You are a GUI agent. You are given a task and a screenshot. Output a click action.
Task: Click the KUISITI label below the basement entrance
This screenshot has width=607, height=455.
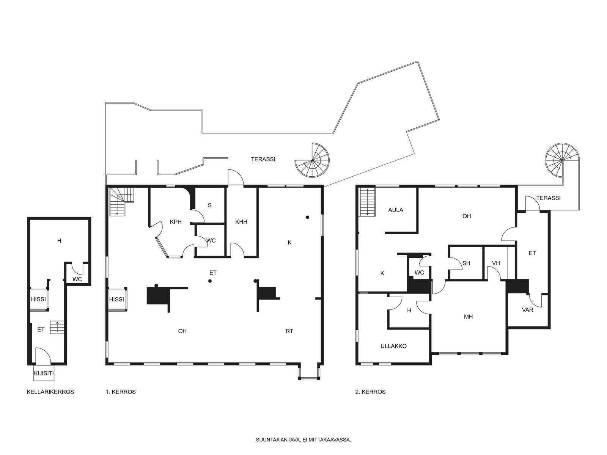click(x=44, y=373)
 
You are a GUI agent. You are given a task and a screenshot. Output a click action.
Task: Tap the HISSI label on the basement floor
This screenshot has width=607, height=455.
click(x=38, y=299)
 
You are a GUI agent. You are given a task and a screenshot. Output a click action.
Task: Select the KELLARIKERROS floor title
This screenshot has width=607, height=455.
click(x=50, y=392)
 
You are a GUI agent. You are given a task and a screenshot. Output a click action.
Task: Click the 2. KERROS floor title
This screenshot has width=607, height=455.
click(x=370, y=392)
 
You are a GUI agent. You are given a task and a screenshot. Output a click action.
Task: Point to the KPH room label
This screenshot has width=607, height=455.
click(x=176, y=222)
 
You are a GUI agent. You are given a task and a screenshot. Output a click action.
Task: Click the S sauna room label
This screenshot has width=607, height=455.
click(x=209, y=205)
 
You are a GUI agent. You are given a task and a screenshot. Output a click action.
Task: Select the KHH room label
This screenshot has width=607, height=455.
click(x=241, y=222)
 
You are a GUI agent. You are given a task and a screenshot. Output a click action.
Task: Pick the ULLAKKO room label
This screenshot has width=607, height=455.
click(x=393, y=346)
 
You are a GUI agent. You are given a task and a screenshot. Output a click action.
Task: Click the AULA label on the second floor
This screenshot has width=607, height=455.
click(x=396, y=210)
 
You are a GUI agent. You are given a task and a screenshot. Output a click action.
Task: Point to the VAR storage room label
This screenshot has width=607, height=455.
click(x=527, y=310)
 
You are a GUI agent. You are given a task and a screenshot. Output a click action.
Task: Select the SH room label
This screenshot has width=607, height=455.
click(x=466, y=263)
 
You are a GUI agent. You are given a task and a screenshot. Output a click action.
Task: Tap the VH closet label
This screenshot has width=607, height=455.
click(x=496, y=263)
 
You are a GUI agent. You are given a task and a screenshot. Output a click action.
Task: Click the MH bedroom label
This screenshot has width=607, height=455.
click(x=468, y=317)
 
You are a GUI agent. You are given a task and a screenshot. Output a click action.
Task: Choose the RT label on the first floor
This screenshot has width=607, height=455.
click(x=289, y=331)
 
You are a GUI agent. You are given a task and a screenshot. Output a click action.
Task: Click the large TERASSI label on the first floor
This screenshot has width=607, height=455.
click(x=263, y=159)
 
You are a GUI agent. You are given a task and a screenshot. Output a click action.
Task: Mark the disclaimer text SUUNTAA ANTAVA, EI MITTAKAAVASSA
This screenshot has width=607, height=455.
click(x=303, y=440)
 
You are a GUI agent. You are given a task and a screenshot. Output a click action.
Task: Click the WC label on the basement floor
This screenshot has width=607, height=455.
click(x=77, y=279)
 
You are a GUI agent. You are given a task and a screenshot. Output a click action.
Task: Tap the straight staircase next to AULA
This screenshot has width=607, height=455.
click(x=367, y=202)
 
